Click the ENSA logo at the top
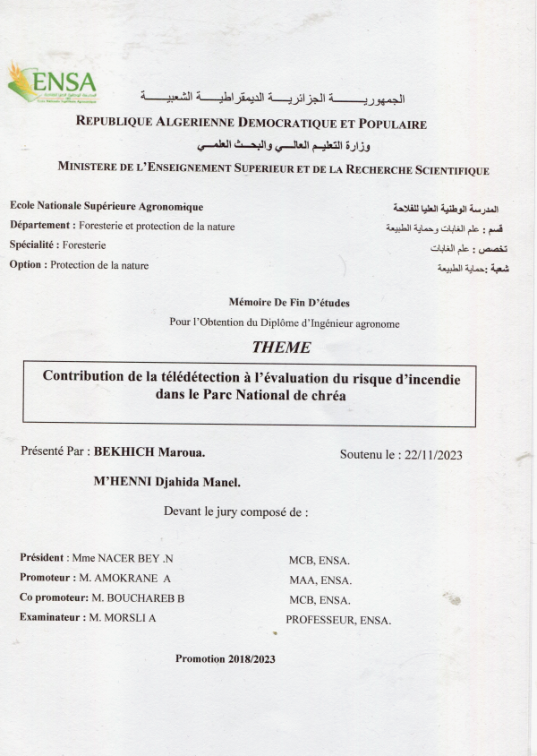(51, 82)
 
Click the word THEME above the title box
(282, 348)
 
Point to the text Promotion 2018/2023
(226, 658)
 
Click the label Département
(40, 226)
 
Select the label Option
(26, 264)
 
